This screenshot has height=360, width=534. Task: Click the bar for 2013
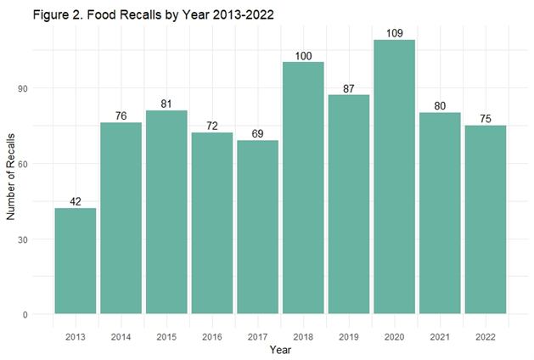[x=76, y=261]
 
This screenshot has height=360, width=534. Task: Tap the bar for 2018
[x=303, y=188]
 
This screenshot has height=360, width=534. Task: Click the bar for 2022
[x=485, y=220]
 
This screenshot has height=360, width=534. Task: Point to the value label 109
[x=394, y=32]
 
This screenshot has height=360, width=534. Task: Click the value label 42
[x=76, y=201]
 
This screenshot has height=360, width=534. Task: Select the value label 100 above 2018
[x=303, y=55]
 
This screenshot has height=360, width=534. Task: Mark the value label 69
[x=257, y=133]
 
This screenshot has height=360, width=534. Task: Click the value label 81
[x=166, y=103]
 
